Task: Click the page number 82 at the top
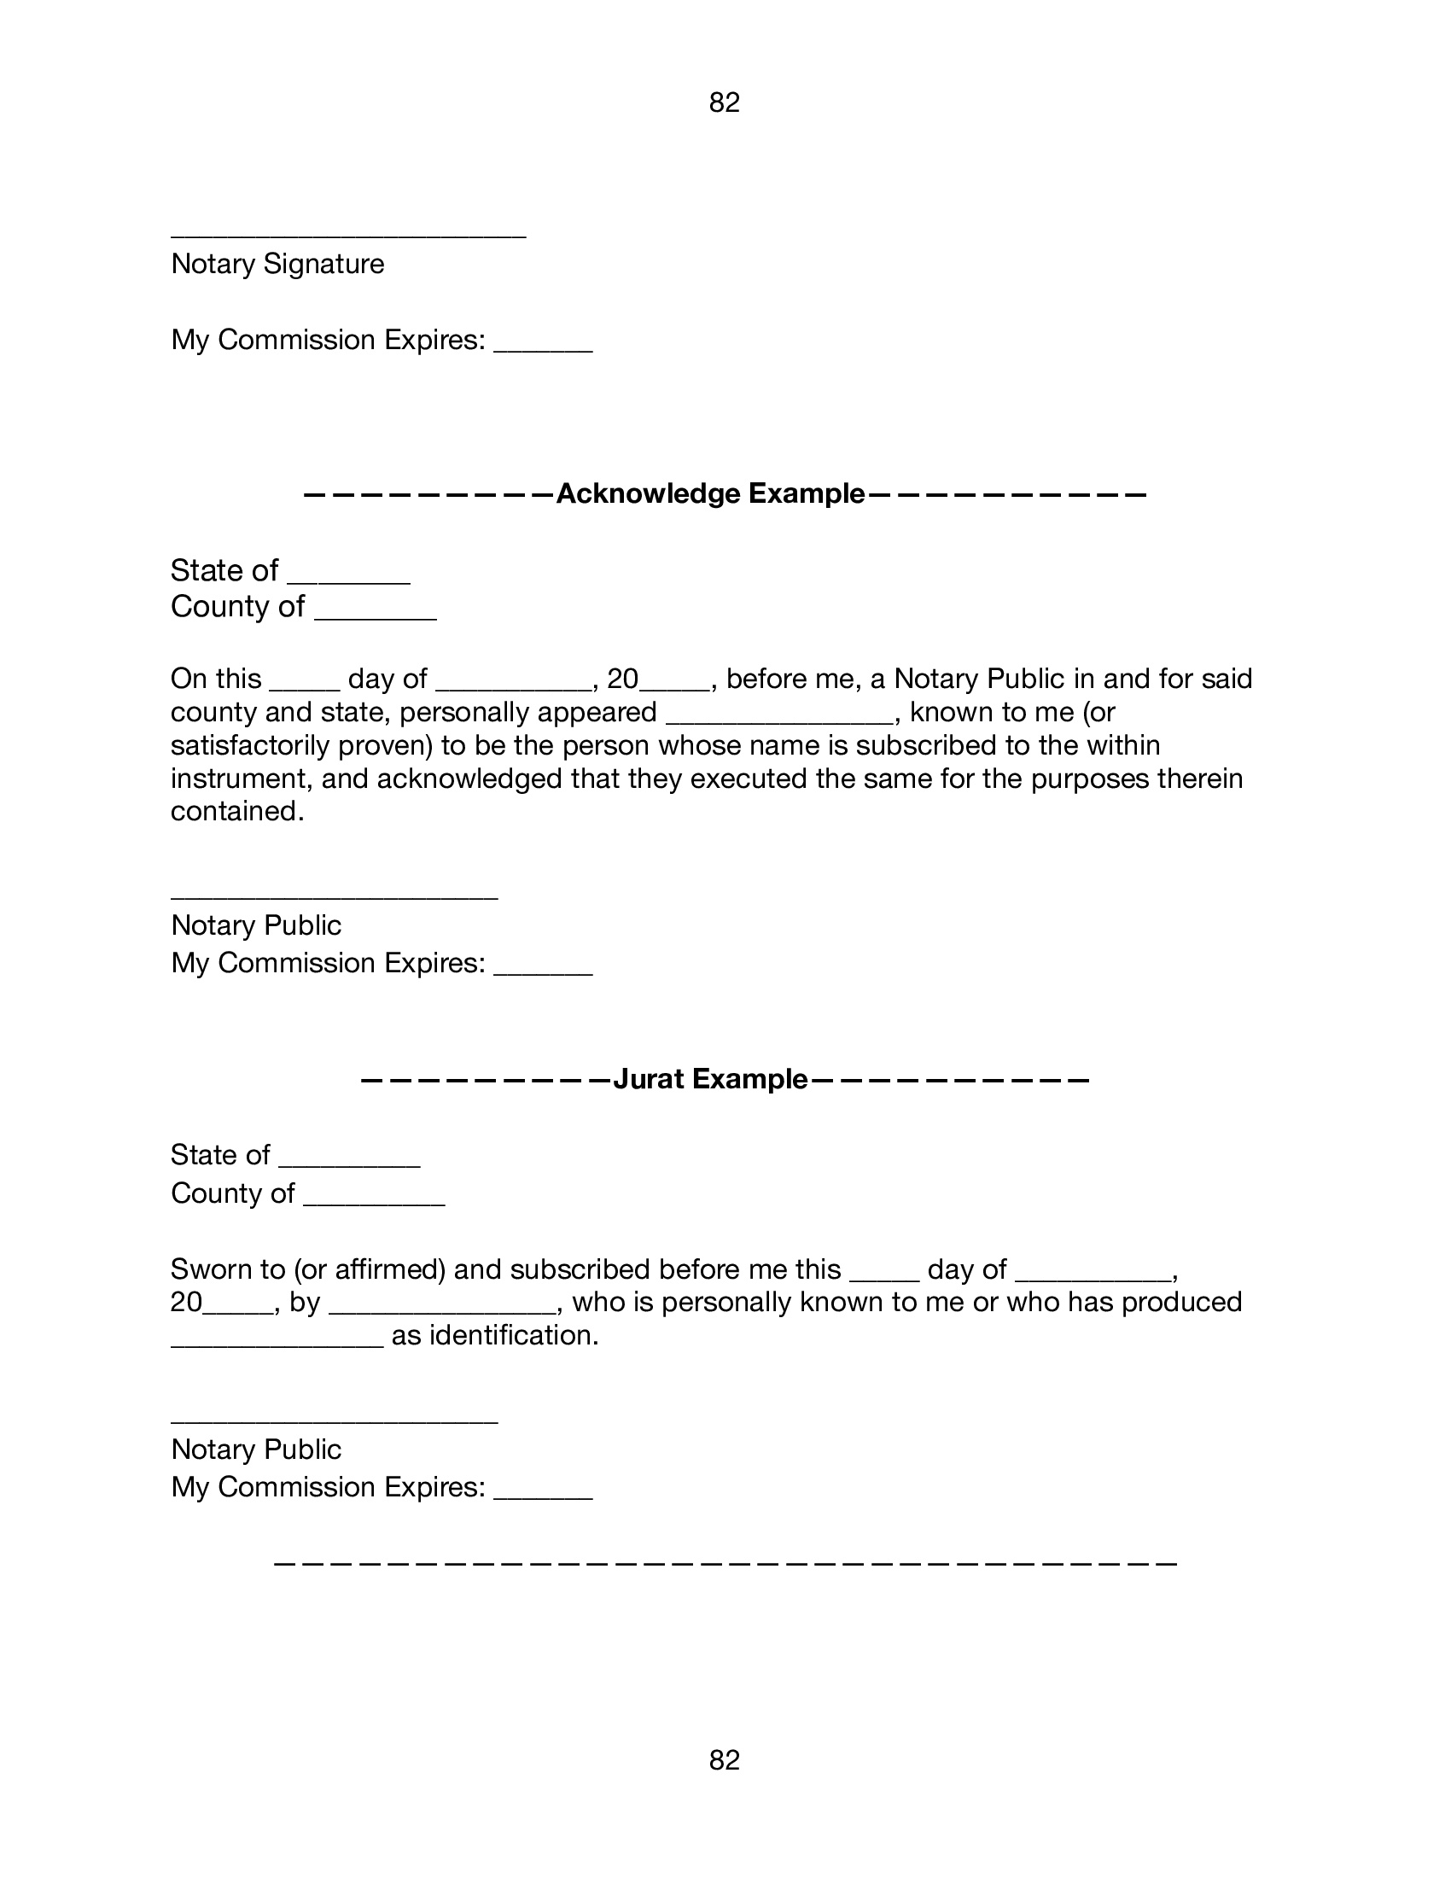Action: click(x=724, y=102)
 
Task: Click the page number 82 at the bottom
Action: click(x=724, y=1760)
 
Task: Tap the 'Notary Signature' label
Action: click(x=277, y=263)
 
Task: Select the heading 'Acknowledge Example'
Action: click(x=710, y=493)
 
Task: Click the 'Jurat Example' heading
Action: click(x=710, y=1078)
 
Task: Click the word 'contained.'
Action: click(x=237, y=811)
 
